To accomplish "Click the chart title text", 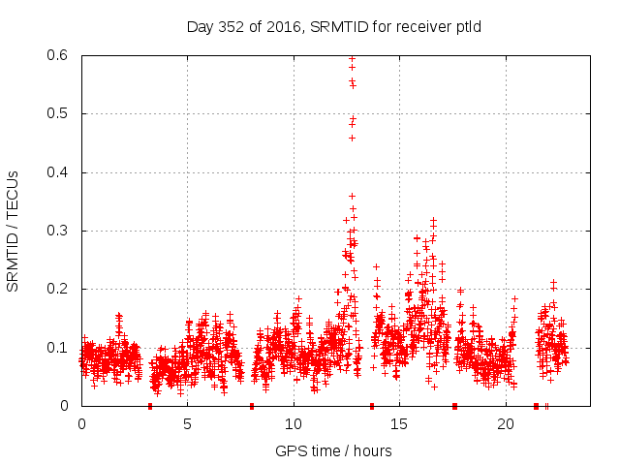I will (x=334, y=26).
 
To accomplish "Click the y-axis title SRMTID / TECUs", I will (x=13, y=231).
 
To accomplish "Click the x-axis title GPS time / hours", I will (x=333, y=450).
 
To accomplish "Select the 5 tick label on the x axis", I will (x=188, y=424).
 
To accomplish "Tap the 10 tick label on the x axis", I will (x=294, y=424).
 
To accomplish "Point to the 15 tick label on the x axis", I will (x=400, y=424).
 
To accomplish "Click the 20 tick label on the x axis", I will (x=506, y=424).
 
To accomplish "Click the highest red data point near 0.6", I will (x=352, y=58).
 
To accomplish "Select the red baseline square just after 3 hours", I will (x=150, y=406).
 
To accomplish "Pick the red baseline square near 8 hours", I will (x=252, y=406).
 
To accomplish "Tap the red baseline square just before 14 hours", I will (x=372, y=406).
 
